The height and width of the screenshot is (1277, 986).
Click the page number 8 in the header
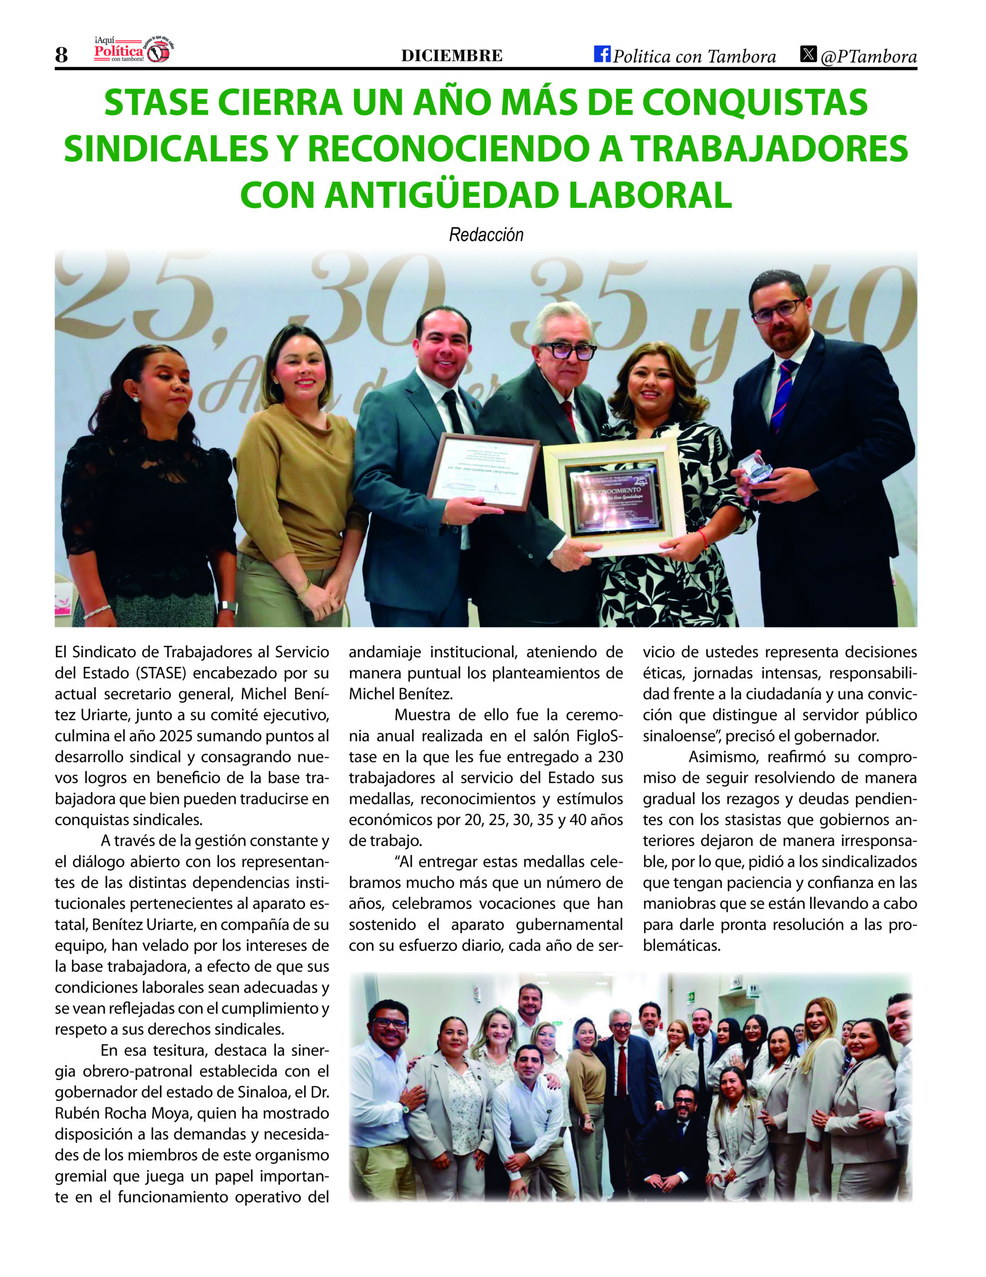click(61, 55)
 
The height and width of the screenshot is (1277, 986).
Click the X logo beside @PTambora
click(808, 54)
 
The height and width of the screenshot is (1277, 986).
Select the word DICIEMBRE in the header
click(451, 55)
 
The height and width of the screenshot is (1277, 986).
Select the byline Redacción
click(486, 235)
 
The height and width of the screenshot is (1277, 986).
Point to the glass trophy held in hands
click(755, 468)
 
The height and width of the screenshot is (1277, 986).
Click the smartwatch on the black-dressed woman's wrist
click(227, 607)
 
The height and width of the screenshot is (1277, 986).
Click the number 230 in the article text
click(610, 757)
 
